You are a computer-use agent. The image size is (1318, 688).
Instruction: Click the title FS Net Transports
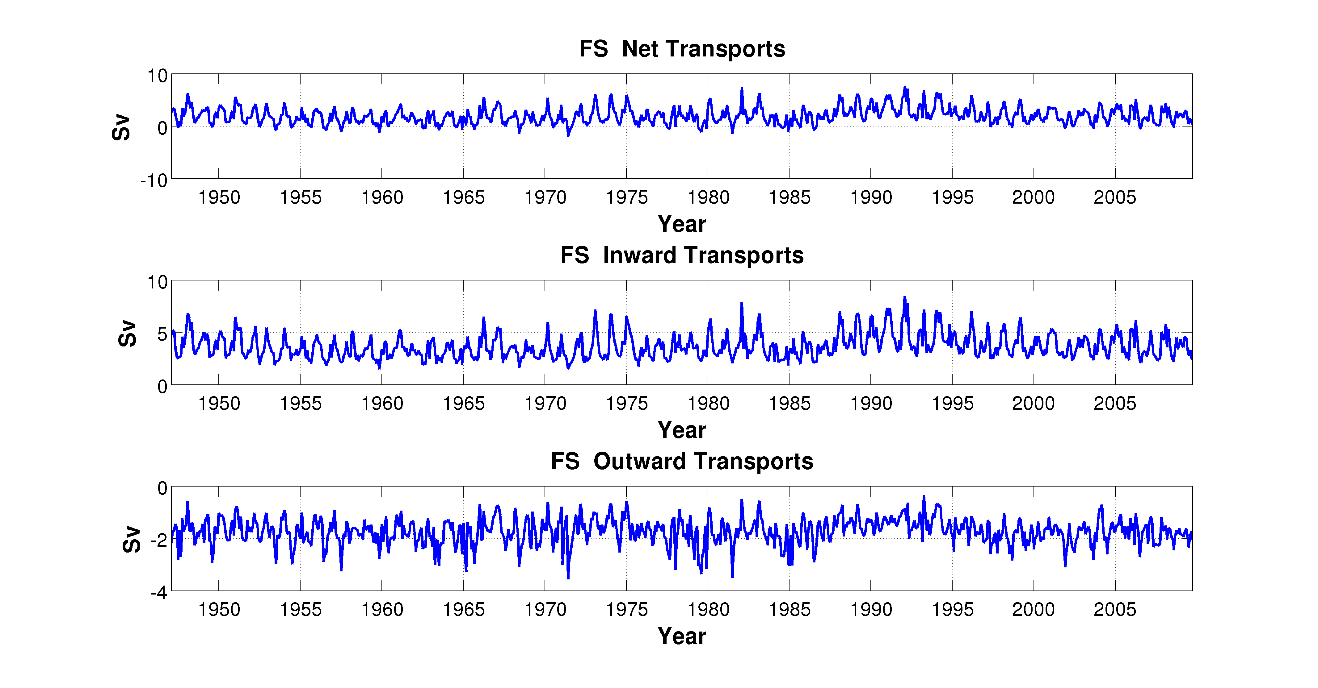[x=682, y=49]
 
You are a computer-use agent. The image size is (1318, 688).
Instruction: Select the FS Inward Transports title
[x=682, y=255]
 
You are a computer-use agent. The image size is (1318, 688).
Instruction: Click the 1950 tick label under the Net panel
[x=219, y=197]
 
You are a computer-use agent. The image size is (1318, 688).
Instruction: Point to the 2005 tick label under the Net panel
[x=1114, y=197]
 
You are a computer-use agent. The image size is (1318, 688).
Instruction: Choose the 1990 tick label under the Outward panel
[x=871, y=610]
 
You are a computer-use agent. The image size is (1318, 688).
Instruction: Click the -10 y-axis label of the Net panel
[x=154, y=180]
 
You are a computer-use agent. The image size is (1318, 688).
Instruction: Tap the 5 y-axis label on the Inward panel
[x=162, y=334]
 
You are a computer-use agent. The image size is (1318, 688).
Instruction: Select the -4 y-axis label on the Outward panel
[x=158, y=593]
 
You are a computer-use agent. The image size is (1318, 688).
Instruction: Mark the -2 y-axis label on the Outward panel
[x=158, y=540]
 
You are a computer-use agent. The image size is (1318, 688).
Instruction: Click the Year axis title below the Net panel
[x=682, y=224]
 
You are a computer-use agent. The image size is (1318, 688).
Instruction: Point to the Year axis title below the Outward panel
[x=682, y=636]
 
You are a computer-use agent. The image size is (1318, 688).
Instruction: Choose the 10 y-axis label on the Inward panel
[x=158, y=282]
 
